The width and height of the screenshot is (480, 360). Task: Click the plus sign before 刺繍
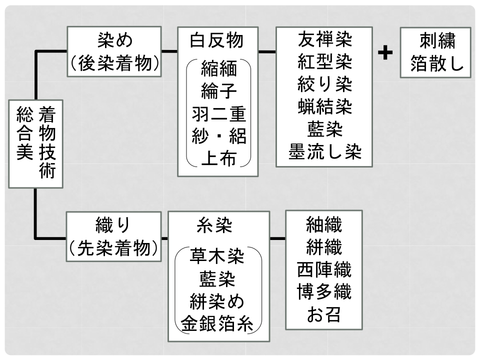click(x=384, y=52)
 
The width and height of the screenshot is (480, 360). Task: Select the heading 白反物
click(x=218, y=39)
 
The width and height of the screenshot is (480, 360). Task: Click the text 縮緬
click(x=218, y=68)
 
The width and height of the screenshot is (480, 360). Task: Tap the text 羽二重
click(x=218, y=114)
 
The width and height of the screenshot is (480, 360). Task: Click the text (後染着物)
click(x=114, y=63)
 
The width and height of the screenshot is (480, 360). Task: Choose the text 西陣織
click(x=324, y=270)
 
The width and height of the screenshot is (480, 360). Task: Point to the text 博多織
click(x=324, y=293)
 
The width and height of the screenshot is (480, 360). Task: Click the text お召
click(x=324, y=316)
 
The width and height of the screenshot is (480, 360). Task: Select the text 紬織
click(x=324, y=225)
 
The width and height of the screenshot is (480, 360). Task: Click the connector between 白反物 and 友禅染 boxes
click(x=267, y=51)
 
